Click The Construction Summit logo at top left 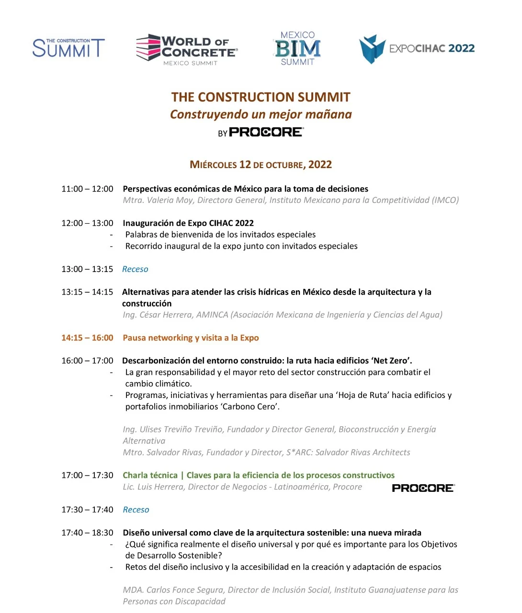[68, 48]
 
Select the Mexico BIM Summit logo [297, 48]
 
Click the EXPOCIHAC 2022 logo [417, 49]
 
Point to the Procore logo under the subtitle [266, 132]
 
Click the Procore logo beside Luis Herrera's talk [423, 488]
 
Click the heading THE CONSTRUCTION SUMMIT [261, 97]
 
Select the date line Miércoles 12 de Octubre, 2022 [261, 165]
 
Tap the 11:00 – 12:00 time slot [87, 189]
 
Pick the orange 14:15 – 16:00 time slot [87, 338]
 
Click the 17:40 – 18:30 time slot [87, 533]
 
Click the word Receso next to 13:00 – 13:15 [135, 269]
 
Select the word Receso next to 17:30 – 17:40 [136, 510]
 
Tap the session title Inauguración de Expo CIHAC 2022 [188, 223]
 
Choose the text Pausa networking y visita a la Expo [191, 338]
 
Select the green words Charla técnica [150, 476]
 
